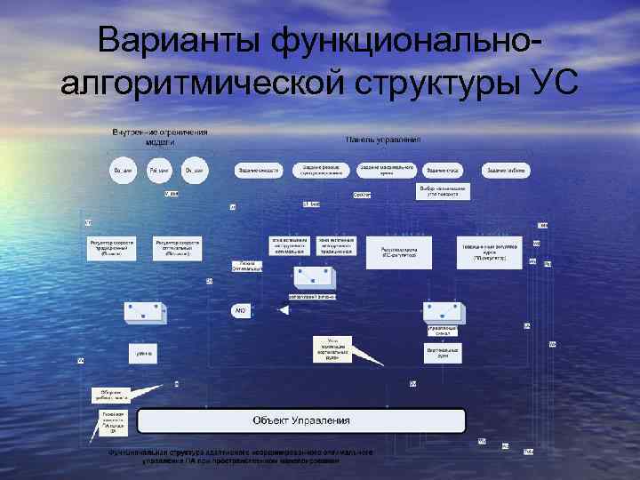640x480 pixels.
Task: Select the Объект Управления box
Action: (301, 420)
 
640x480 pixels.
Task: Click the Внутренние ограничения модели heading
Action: (160, 136)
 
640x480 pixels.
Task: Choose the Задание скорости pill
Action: (257, 169)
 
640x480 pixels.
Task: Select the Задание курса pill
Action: (442, 169)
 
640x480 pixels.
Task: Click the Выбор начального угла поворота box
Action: (442, 191)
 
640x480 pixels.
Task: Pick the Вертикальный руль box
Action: (442, 353)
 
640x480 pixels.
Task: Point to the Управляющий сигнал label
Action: (442, 330)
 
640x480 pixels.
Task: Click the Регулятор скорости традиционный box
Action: (112, 246)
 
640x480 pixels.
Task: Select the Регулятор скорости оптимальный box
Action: (177, 246)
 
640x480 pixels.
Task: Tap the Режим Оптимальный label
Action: (246, 266)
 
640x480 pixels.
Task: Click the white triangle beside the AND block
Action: (284, 310)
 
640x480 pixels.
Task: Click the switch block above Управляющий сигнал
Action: (442, 311)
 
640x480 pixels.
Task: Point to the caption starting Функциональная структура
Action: (240, 456)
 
